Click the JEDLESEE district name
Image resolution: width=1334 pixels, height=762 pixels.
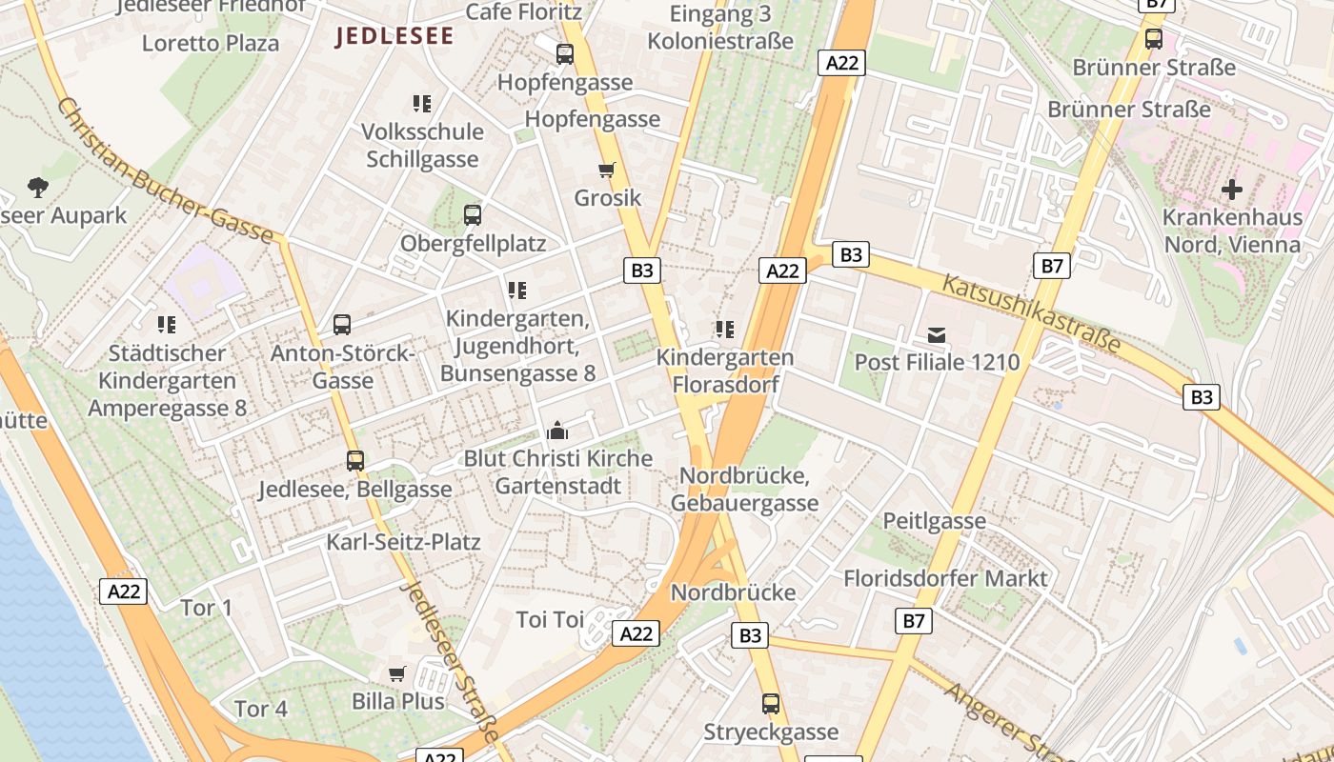(394, 36)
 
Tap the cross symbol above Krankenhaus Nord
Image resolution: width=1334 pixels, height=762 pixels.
(1232, 189)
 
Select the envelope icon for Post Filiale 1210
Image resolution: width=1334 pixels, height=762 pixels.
(937, 334)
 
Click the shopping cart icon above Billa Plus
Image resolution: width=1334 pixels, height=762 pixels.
(397, 673)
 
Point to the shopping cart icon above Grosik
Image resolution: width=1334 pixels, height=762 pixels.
(607, 170)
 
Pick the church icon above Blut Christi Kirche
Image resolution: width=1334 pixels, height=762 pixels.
(557, 431)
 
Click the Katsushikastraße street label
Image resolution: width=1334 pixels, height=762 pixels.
(1032, 313)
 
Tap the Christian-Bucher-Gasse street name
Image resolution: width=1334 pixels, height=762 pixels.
(165, 170)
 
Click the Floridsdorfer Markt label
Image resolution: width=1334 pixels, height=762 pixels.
(945, 578)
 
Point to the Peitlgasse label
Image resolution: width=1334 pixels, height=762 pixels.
(934, 521)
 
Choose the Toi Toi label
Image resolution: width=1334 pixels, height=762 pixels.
(550, 620)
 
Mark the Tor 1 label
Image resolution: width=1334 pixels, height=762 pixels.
(207, 608)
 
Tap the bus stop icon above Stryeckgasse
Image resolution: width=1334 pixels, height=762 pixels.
(771, 704)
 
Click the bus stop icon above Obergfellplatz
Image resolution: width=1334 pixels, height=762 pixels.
(473, 215)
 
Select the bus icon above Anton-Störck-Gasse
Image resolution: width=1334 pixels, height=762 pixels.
(342, 325)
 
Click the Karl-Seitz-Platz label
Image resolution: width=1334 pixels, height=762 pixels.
(403, 542)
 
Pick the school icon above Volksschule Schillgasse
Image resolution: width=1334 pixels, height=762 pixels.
(422, 103)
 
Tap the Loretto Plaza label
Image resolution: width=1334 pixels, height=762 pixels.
(211, 43)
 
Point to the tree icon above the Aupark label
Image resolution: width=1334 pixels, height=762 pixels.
(38, 187)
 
